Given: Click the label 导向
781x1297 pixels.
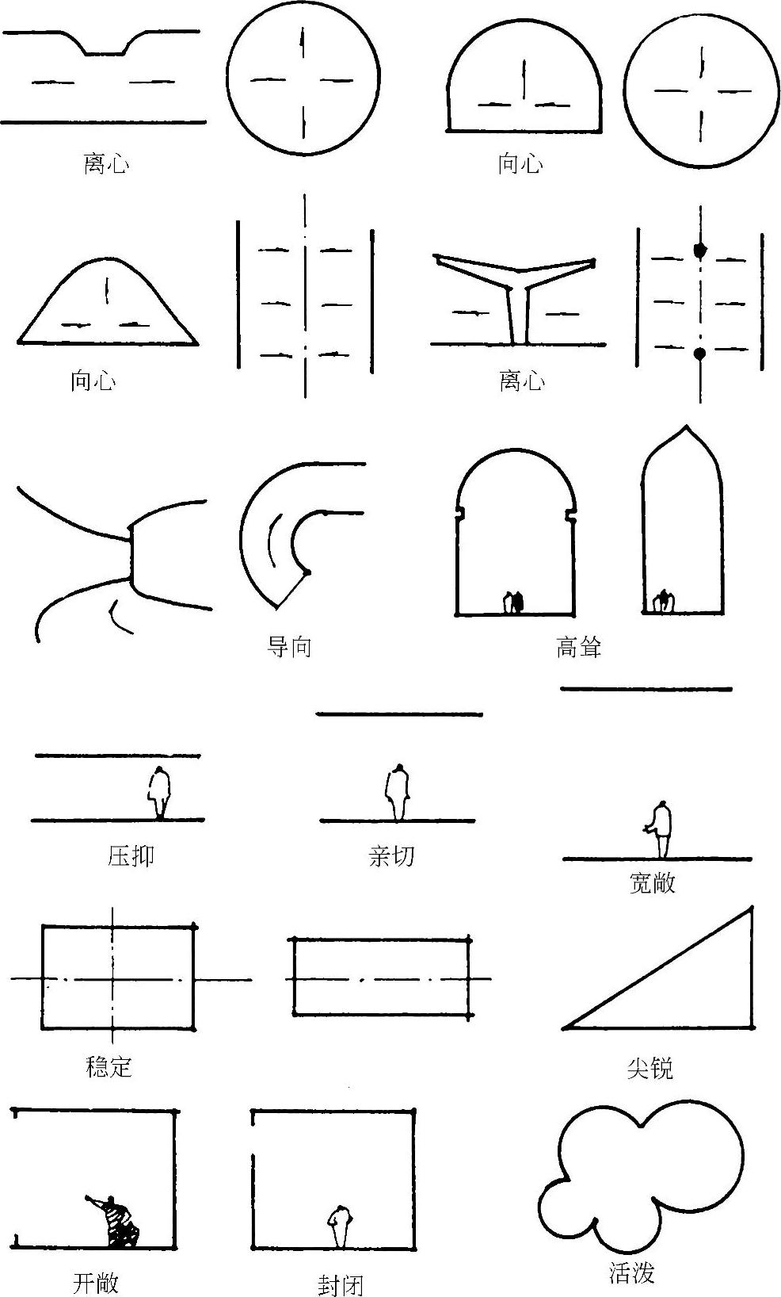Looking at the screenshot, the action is click(290, 647).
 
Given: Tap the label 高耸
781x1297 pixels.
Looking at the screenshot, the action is click(579, 647).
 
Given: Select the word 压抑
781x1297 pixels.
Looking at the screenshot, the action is click(131, 856).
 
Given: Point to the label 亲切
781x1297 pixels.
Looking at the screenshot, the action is click(391, 856).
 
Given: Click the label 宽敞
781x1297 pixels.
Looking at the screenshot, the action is click(652, 882).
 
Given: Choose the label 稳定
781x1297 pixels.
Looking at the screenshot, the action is click(109, 1067).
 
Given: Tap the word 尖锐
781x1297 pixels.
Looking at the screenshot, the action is click(650, 1069).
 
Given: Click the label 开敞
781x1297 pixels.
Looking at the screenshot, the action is click(96, 1283).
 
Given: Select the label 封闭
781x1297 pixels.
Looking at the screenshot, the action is click(341, 1285).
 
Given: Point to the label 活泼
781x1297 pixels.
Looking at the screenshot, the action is click(632, 1273).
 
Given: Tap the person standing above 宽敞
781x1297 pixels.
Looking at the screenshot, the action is click(661, 829).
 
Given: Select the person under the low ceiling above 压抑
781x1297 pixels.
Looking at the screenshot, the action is click(161, 792).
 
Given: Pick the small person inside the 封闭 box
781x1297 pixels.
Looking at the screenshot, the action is click(341, 1226).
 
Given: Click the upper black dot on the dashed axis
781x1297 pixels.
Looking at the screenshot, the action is click(700, 250).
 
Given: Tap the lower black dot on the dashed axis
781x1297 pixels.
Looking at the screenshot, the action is click(700, 354).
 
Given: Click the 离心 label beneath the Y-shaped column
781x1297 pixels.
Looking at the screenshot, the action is click(522, 381).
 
